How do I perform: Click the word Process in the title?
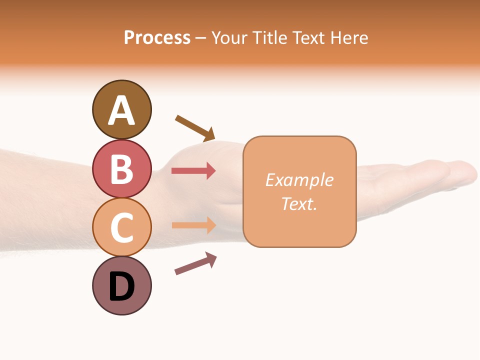tap(157, 38)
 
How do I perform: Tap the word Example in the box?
tap(299, 180)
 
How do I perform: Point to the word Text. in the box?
tap(299, 203)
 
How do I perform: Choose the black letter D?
tap(121, 287)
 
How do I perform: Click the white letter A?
tap(121, 110)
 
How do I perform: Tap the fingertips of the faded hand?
tap(465, 172)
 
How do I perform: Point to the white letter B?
tap(121, 169)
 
